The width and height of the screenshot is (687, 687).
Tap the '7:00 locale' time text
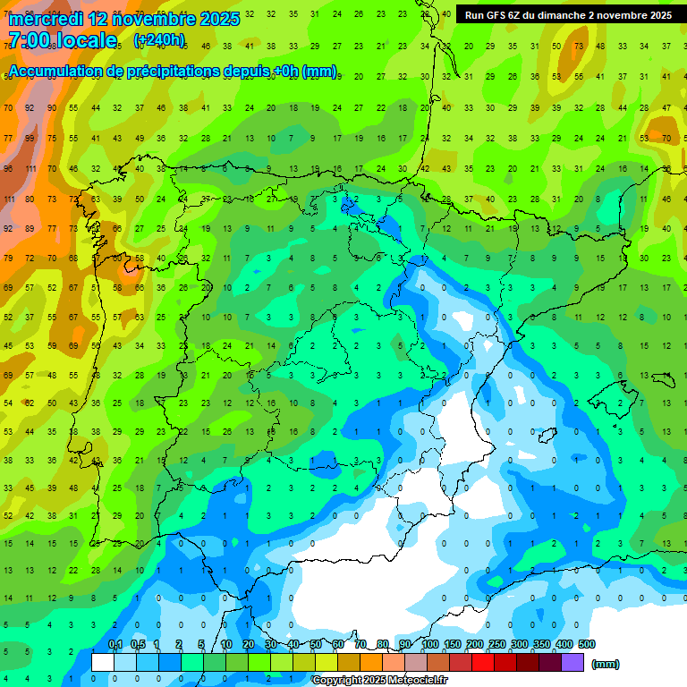62,40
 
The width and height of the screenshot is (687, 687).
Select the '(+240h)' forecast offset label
159,40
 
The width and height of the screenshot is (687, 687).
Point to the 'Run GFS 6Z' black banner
568,15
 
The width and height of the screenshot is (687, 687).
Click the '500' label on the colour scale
586,644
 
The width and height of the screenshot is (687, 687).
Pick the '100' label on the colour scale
430,644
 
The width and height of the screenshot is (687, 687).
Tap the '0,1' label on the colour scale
114,644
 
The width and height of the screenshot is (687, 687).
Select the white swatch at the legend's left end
103,663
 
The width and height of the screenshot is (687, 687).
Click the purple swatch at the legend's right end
572,663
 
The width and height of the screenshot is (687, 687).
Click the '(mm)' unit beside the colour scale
606,664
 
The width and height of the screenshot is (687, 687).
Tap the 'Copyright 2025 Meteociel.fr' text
379,681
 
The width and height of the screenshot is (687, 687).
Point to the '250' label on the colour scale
496,644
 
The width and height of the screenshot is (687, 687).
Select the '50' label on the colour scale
316,644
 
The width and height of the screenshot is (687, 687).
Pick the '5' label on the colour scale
203,644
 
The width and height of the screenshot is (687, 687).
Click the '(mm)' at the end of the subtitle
319,72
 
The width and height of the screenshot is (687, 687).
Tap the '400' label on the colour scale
564,644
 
